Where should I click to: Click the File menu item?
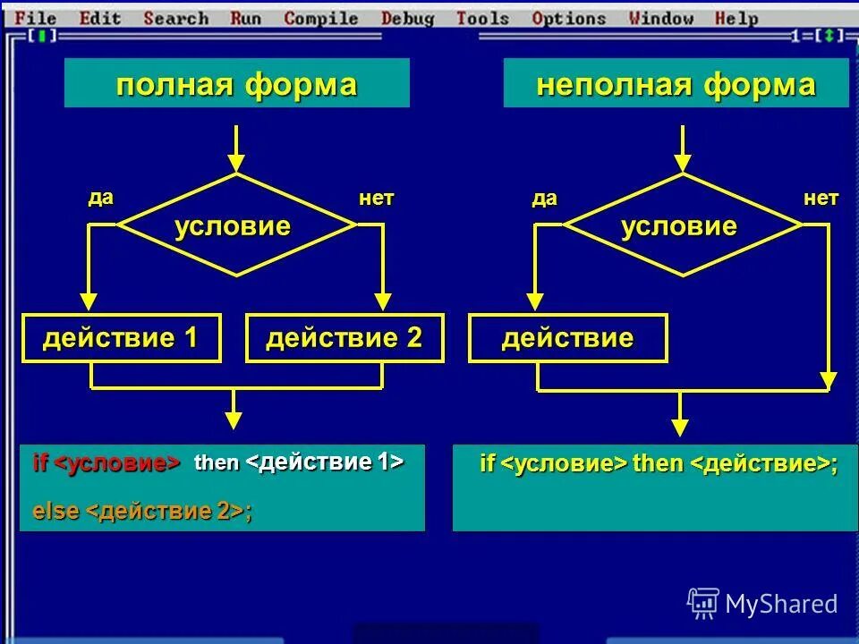36,18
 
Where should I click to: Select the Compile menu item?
319,18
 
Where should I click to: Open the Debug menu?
407,18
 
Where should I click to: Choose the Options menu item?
568,18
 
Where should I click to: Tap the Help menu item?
736,18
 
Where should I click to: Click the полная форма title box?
236,84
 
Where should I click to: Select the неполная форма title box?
676,84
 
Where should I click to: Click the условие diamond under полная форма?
236,225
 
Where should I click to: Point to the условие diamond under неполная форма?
682,225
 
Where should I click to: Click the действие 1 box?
121,338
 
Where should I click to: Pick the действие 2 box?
344,338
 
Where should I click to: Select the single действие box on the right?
567,338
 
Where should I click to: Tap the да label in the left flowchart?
100,198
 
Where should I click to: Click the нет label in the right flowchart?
821,198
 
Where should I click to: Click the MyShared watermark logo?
762,604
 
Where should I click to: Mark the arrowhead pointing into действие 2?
383,301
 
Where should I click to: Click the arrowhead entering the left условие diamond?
236,163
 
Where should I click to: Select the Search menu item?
175,18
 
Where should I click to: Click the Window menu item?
660,18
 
